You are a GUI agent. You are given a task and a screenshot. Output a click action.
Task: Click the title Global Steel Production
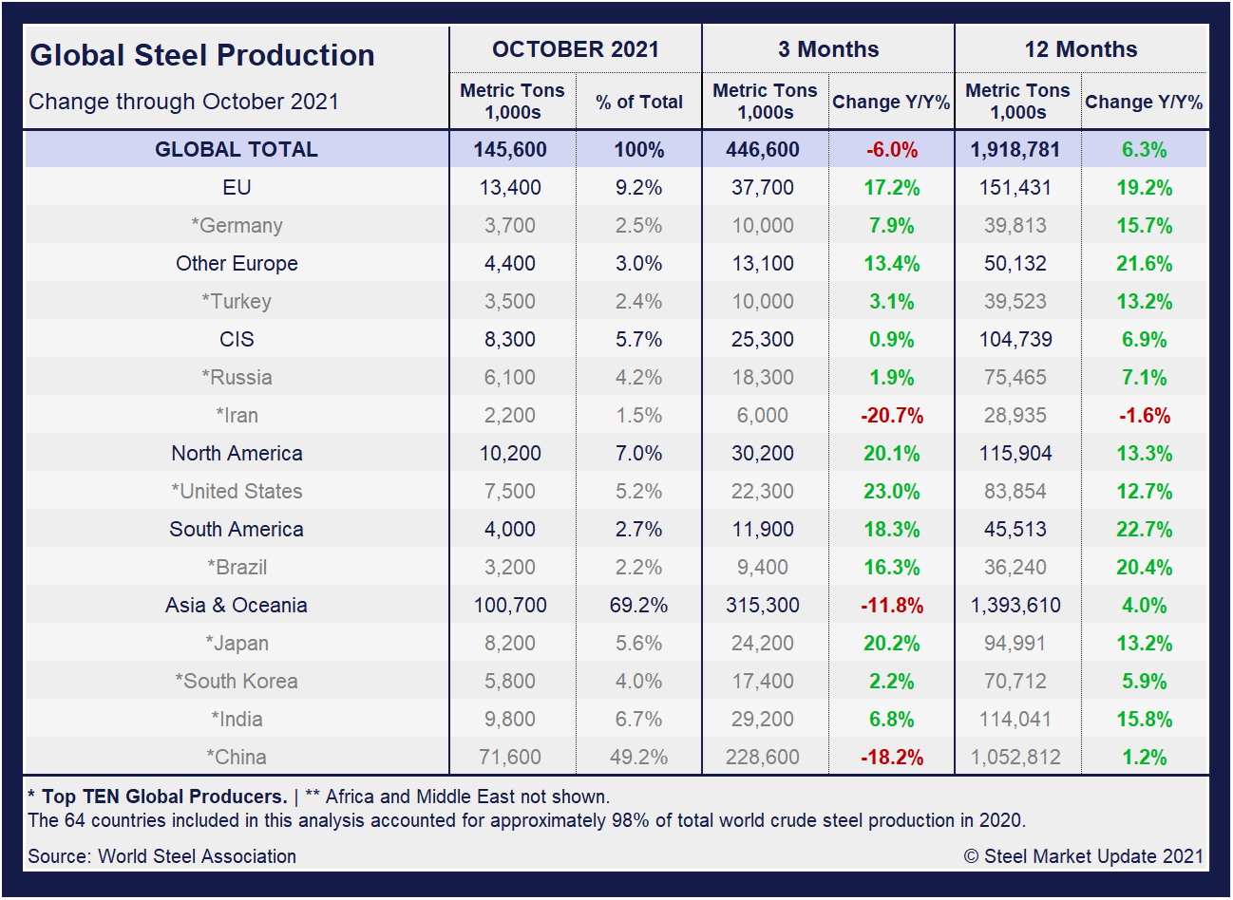click(202, 55)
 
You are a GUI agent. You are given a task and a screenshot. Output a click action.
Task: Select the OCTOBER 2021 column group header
click(575, 49)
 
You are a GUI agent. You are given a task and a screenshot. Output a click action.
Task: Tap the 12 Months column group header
click(1081, 49)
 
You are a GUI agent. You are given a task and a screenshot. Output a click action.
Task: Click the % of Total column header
click(639, 102)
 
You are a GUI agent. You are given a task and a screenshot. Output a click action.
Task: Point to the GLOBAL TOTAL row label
click(237, 149)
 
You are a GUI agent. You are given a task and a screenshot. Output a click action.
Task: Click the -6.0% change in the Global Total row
click(891, 150)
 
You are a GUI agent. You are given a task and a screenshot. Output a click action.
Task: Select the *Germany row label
click(237, 225)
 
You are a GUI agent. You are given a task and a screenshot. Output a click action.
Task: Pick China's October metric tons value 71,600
click(510, 757)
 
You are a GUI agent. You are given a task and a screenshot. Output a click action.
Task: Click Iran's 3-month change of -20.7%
click(891, 415)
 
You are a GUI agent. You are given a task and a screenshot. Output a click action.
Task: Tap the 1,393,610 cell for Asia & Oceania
click(1015, 605)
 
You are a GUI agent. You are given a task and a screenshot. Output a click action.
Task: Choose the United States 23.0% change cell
click(891, 491)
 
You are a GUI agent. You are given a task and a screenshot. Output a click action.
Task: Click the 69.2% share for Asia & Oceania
click(638, 605)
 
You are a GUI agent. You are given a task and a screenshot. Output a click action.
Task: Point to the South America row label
click(237, 529)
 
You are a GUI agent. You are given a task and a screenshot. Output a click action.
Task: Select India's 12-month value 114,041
click(1015, 719)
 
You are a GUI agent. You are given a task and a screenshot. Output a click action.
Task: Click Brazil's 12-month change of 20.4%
click(1144, 567)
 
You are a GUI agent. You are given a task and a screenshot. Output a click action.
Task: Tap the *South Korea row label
click(237, 681)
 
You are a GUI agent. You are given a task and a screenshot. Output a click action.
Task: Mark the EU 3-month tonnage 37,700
click(763, 187)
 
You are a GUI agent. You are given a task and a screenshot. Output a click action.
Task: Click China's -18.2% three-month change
click(891, 757)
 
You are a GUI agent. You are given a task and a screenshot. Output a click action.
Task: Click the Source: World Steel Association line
click(162, 856)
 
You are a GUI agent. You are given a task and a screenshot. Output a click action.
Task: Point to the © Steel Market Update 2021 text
click(1083, 856)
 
